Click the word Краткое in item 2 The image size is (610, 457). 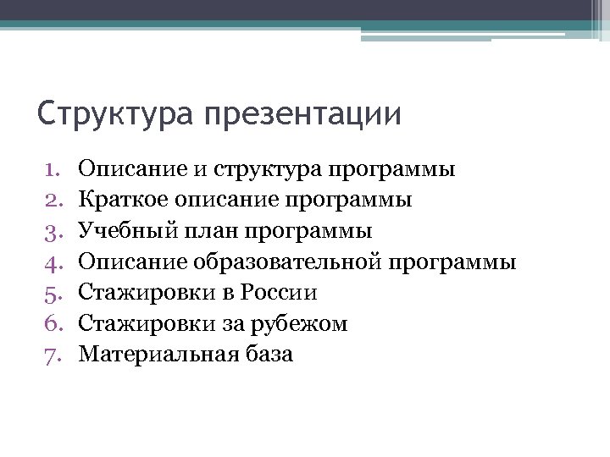(x=120, y=201)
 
